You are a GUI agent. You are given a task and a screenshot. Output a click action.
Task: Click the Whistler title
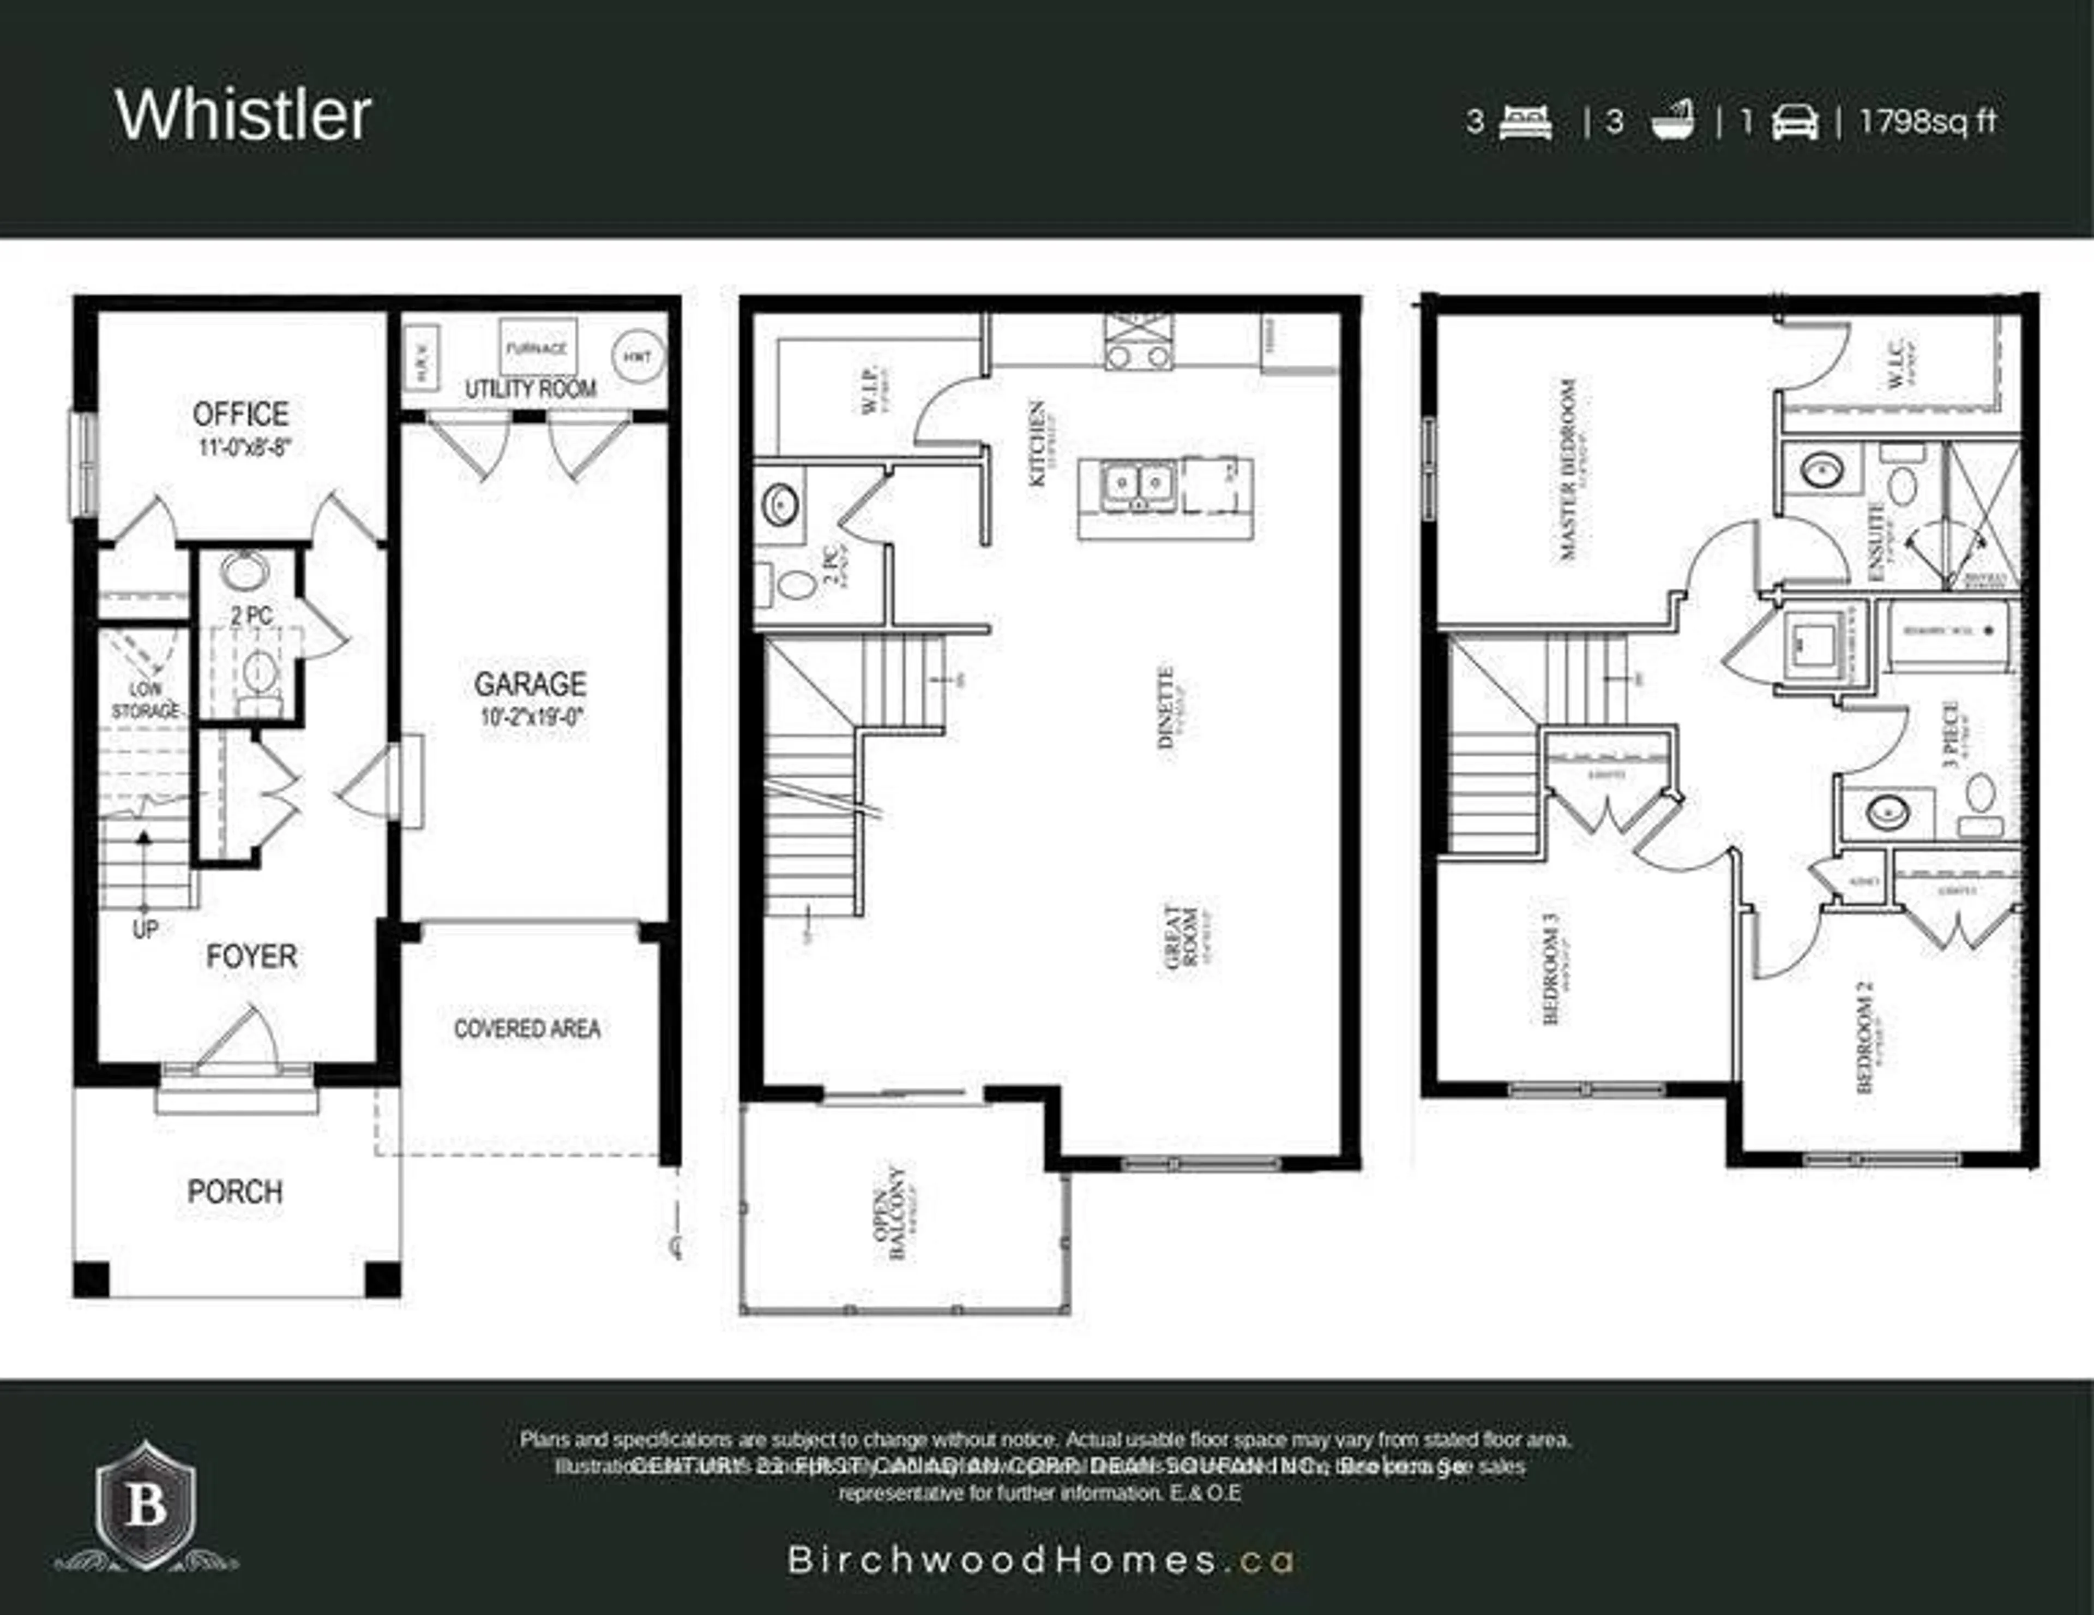[244, 115]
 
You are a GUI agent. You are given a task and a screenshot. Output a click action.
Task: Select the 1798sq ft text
[1928, 122]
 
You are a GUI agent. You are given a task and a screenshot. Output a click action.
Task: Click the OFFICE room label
[240, 414]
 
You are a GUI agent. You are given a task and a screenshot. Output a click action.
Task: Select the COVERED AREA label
[527, 1029]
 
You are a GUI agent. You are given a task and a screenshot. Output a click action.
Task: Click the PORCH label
[235, 1192]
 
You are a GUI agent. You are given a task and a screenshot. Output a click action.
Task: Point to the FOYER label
[251, 956]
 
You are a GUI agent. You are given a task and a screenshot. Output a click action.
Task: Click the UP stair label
[145, 929]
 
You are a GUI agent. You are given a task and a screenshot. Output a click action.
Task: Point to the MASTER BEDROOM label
[1568, 470]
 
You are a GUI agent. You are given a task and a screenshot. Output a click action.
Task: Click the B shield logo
[146, 1505]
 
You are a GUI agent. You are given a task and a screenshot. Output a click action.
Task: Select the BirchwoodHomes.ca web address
[1040, 1560]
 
